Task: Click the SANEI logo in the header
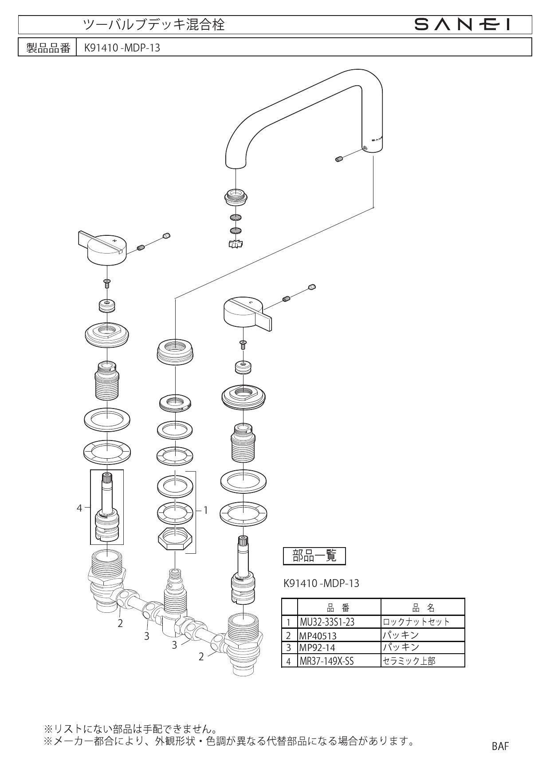tap(461, 25)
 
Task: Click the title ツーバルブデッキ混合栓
tap(154, 25)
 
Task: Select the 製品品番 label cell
tap(48, 48)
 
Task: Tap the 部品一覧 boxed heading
tap(314, 556)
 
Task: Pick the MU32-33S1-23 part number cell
tap(339, 622)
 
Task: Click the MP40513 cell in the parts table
tap(339, 635)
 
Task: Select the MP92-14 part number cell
tap(339, 648)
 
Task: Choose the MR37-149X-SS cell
tap(339, 661)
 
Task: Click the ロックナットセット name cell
tap(422, 622)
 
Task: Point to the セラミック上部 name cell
tap(422, 661)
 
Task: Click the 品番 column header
tap(339, 608)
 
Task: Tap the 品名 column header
tap(422, 608)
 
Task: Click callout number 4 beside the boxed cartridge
tap(79, 508)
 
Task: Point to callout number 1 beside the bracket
tap(205, 510)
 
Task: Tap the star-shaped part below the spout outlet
tap(236, 243)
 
